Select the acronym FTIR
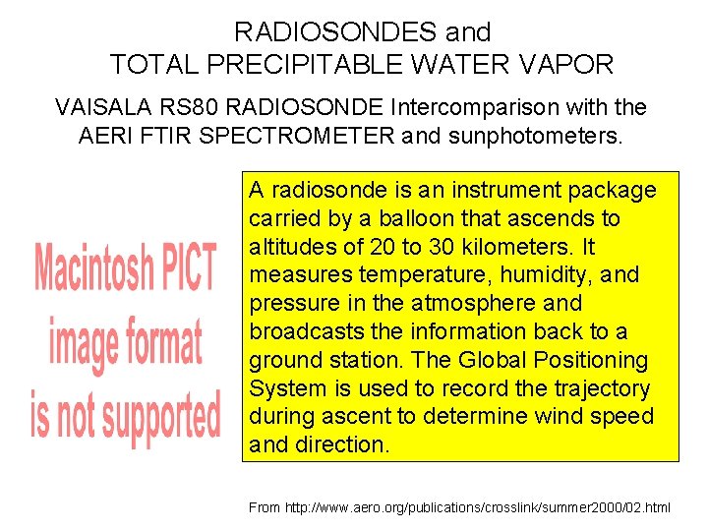point(164,135)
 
